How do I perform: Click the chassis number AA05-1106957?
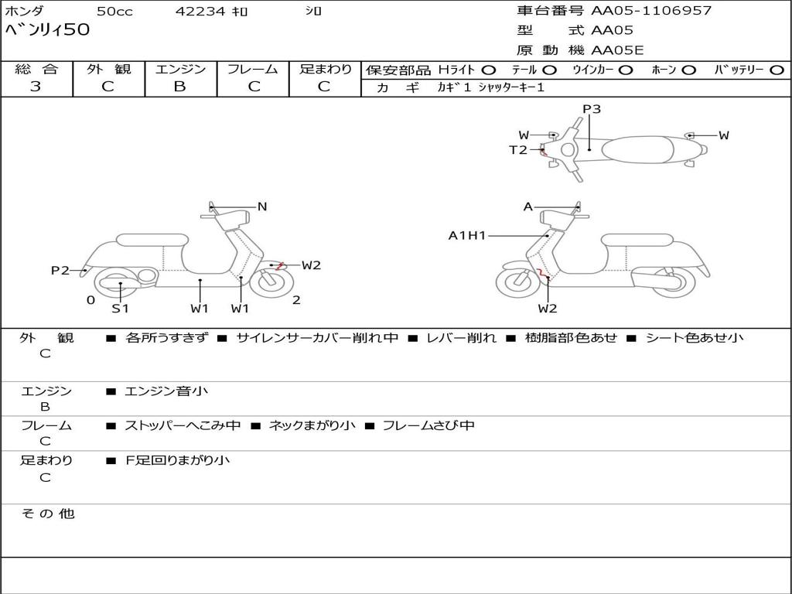point(651,11)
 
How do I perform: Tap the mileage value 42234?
point(200,11)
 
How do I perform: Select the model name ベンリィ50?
point(47,29)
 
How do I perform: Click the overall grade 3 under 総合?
point(36,87)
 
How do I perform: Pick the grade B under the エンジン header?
point(179,87)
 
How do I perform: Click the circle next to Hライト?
point(489,70)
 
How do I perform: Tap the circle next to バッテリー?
point(777,70)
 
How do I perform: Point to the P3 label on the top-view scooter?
point(592,108)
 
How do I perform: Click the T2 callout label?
point(517,149)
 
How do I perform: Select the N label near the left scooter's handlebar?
point(261,207)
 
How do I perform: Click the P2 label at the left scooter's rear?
point(60,270)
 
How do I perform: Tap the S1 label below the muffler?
point(120,308)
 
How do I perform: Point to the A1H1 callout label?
point(466,235)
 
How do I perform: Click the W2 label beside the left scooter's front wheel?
point(311,265)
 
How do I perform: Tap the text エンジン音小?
point(166,391)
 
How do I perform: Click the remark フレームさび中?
point(428,425)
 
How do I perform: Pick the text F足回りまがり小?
point(177,460)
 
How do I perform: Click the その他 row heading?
point(48,514)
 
